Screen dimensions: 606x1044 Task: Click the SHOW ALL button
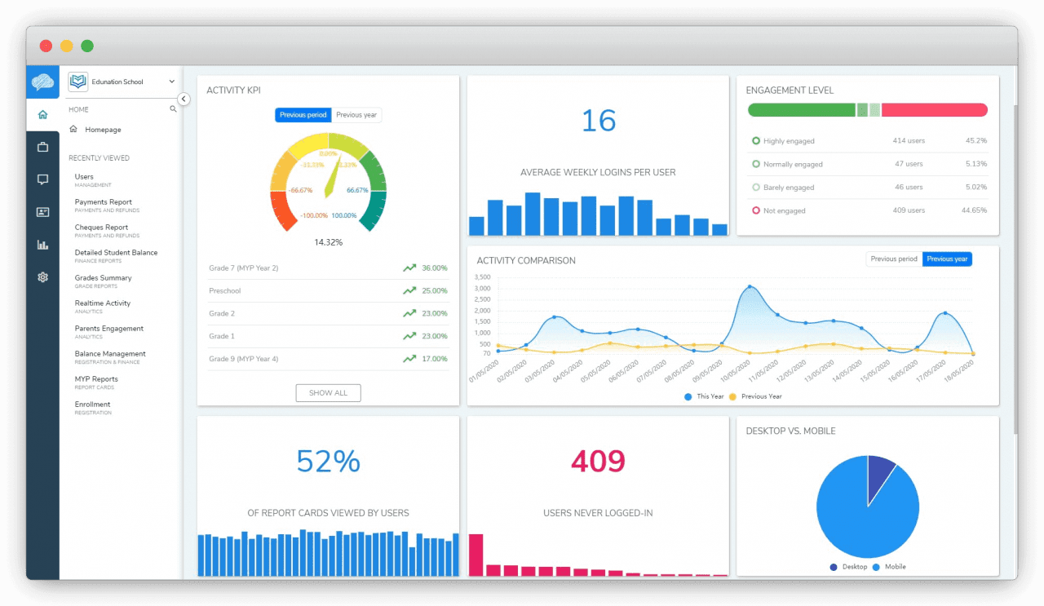point(328,393)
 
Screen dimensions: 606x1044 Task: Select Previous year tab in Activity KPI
point(356,115)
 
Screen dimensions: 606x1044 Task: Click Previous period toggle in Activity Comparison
point(894,259)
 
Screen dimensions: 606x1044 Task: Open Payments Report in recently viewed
point(103,202)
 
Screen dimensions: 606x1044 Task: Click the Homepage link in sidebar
point(103,130)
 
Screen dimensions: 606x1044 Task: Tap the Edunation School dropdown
point(122,82)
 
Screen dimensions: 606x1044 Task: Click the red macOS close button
point(46,46)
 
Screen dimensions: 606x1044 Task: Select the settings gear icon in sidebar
point(42,277)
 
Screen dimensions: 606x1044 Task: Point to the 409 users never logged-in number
point(598,462)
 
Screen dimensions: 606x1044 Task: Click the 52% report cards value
point(328,462)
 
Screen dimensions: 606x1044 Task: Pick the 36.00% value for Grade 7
point(434,268)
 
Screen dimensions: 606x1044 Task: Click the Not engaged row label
point(784,210)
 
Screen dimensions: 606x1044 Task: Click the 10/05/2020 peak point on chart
point(750,287)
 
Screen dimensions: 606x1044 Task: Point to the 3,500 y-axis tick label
point(481,277)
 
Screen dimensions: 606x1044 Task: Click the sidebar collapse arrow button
point(184,99)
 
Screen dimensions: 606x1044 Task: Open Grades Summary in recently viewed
point(103,278)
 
